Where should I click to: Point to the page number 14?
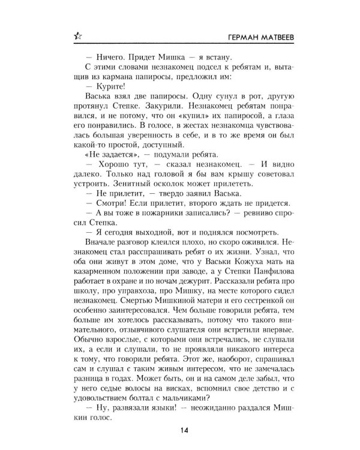coord(180,430)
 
